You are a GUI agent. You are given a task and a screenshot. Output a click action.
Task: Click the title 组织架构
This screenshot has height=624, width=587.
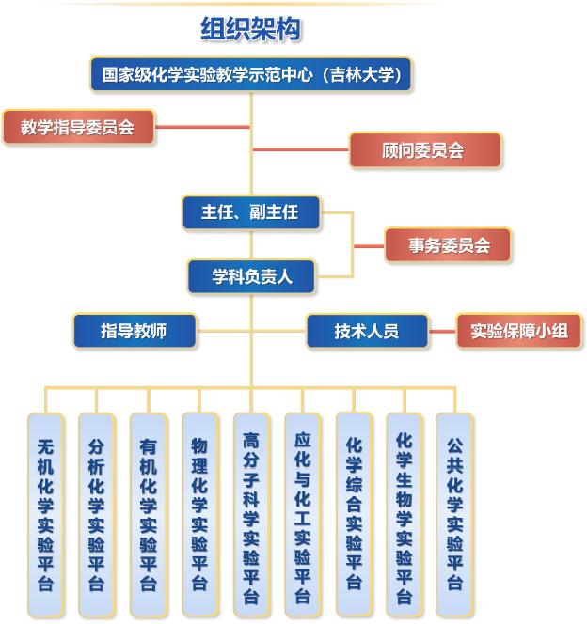[250, 29]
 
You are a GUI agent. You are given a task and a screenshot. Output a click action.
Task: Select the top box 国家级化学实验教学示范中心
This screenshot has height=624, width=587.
[251, 75]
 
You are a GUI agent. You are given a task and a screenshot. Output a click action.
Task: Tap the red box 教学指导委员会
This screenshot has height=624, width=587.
[78, 127]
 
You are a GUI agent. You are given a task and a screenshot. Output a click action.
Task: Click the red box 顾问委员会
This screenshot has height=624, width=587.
[423, 150]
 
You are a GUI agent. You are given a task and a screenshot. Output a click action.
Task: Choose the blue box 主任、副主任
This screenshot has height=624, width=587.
[250, 212]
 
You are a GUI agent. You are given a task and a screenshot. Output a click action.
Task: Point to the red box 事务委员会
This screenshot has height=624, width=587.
[448, 245]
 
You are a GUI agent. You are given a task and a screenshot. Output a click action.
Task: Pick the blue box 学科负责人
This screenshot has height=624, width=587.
[251, 277]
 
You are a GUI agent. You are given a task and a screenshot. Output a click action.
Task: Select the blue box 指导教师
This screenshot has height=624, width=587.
[135, 331]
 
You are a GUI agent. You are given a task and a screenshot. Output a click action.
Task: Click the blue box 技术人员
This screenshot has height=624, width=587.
[367, 331]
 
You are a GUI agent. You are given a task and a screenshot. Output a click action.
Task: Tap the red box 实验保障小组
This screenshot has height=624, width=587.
[519, 331]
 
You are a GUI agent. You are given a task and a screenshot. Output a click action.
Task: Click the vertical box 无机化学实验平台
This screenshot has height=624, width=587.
[45, 513]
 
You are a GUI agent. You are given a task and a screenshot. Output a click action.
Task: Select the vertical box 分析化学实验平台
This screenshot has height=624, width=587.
[97, 513]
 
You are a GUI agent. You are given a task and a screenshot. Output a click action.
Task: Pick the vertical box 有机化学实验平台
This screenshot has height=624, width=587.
[149, 513]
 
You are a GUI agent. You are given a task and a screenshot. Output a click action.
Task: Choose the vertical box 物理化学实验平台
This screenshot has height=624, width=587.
[199, 513]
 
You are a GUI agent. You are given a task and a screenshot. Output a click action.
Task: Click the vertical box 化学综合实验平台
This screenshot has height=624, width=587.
[354, 513]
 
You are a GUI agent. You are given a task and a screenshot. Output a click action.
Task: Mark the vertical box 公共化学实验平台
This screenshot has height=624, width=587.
[455, 513]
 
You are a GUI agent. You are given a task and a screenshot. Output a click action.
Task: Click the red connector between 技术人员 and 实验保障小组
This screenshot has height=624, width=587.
[442, 331]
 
